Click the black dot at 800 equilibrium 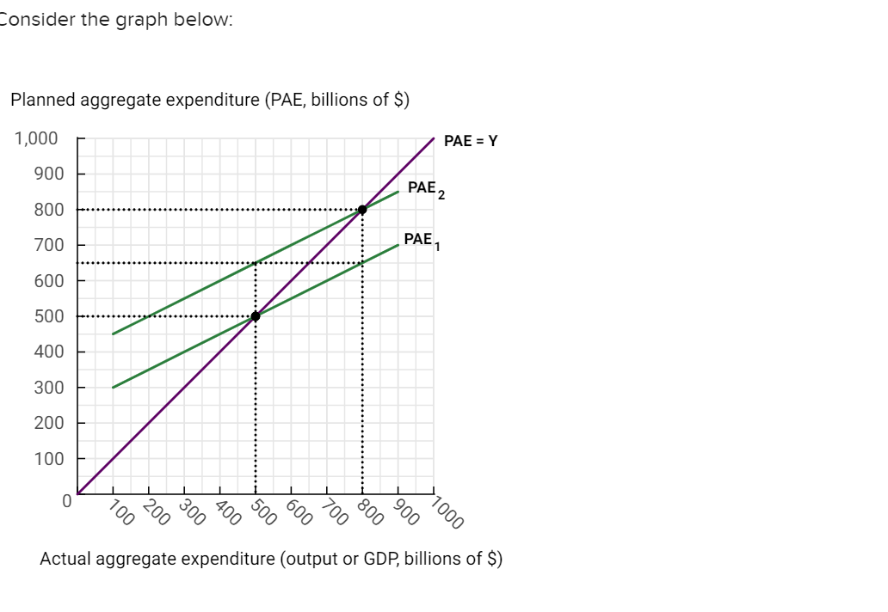tap(362, 209)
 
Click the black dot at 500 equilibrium tap(255, 315)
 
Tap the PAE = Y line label tap(471, 141)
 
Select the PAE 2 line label tap(425, 188)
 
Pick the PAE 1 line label tap(421, 240)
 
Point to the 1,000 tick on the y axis tap(36, 138)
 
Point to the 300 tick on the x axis tap(191, 511)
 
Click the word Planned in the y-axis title tap(41, 100)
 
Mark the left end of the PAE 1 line tap(113, 387)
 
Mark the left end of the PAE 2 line tap(113, 334)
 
